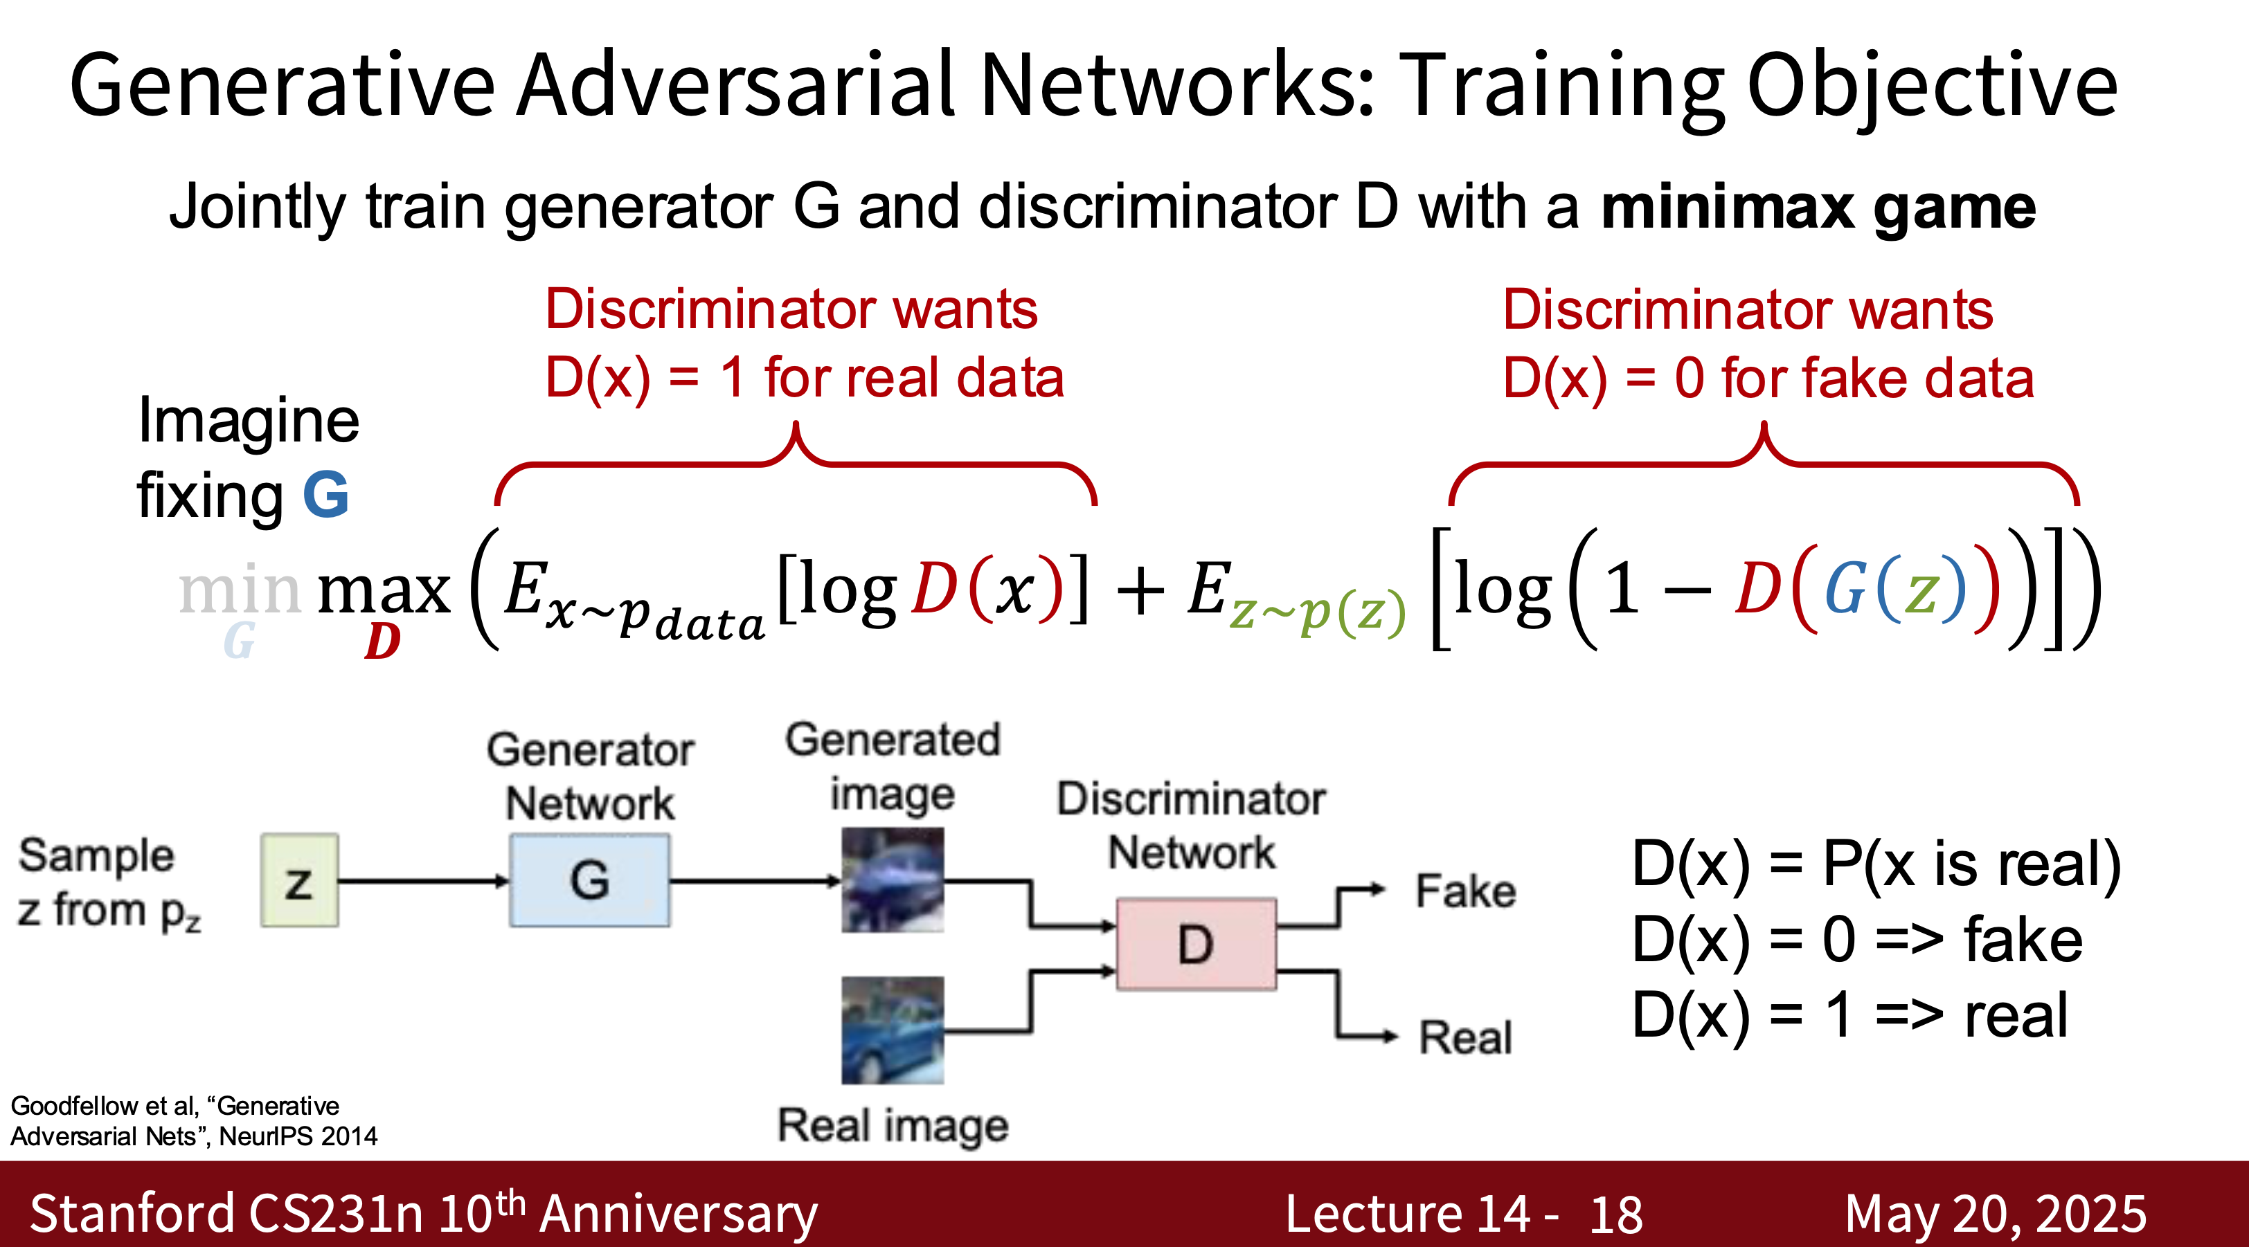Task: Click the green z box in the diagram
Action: click(x=299, y=880)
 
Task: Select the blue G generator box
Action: click(x=590, y=880)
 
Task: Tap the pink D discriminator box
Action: click(x=1196, y=944)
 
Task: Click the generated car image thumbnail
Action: click(x=893, y=880)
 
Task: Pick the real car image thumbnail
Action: click(x=893, y=1030)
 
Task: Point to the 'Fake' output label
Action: click(x=1466, y=891)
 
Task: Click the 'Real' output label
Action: click(x=1466, y=1037)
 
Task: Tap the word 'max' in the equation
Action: click(x=384, y=592)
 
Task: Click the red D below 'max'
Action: click(x=382, y=641)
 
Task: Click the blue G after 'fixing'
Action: click(x=325, y=495)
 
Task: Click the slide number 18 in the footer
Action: click(x=1616, y=1214)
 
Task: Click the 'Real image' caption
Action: click(x=893, y=1126)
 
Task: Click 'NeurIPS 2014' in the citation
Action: click(x=298, y=1136)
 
